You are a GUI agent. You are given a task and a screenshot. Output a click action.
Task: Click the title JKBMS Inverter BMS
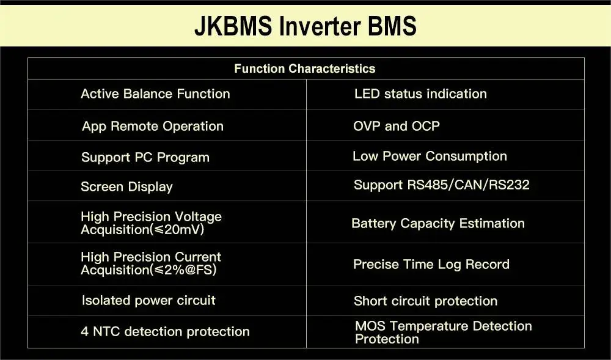click(305, 26)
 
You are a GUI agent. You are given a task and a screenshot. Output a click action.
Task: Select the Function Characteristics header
click(304, 68)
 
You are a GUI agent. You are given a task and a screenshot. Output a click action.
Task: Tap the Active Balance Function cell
click(155, 94)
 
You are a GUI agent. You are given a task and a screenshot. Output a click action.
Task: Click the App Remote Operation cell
click(153, 127)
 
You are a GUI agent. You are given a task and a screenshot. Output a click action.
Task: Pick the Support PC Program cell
click(145, 158)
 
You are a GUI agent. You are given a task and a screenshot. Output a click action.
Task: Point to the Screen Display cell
click(126, 187)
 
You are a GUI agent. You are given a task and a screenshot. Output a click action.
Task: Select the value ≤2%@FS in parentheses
click(183, 270)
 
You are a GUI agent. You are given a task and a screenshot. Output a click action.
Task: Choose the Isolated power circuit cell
click(148, 301)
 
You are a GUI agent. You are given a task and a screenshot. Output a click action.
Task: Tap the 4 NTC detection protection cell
click(165, 332)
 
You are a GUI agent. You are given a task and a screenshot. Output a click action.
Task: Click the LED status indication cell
click(420, 94)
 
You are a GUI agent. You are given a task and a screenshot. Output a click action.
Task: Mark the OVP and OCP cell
click(397, 127)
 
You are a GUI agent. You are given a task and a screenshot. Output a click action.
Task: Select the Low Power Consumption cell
click(430, 156)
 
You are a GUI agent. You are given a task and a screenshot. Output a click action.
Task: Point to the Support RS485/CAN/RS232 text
click(441, 185)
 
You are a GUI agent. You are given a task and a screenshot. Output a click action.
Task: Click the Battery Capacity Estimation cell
click(437, 224)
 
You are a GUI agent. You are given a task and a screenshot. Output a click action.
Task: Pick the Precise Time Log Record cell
click(431, 265)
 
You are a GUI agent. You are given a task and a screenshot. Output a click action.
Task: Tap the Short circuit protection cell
click(425, 301)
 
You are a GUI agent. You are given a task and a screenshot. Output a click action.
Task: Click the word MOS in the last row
click(370, 326)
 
